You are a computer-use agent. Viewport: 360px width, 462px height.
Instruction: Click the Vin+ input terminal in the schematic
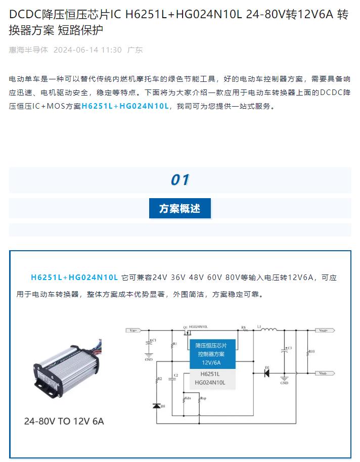pyautogui.click(x=134, y=331)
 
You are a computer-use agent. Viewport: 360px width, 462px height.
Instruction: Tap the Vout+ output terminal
pyautogui.click(x=324, y=331)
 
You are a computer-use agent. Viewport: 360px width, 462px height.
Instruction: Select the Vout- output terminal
pyautogui.click(x=324, y=373)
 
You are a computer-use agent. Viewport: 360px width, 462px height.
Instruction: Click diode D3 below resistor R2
pyautogui.click(x=156, y=406)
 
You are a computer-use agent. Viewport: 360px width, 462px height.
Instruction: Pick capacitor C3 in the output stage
pyautogui.click(x=284, y=349)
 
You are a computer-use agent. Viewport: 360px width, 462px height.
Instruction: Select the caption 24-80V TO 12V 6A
pyautogui.click(x=64, y=421)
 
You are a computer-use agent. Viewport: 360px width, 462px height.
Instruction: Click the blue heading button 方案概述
pyautogui.click(x=179, y=208)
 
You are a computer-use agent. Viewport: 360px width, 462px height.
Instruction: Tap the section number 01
pyautogui.click(x=179, y=180)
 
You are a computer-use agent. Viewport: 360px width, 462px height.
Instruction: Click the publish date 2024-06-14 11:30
pyautogui.click(x=87, y=50)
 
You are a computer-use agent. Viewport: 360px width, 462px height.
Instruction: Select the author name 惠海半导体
pyautogui.click(x=28, y=50)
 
